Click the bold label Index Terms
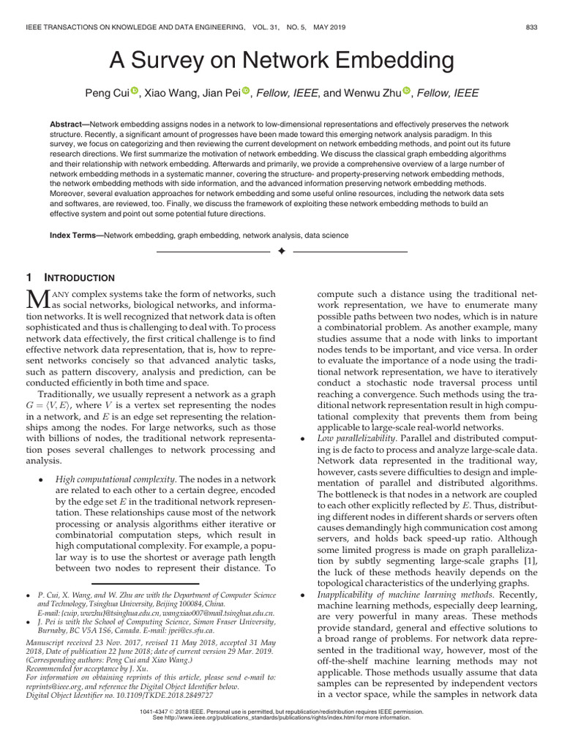[75, 236]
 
